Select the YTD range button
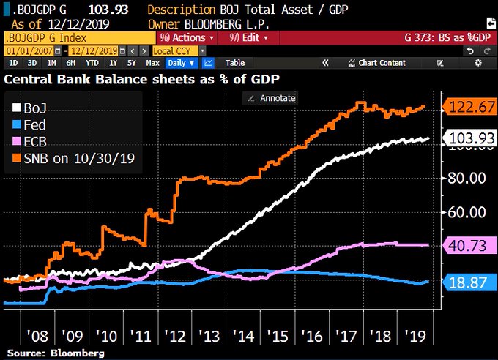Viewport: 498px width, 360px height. click(x=93, y=63)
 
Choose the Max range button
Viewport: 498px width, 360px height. click(x=152, y=63)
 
